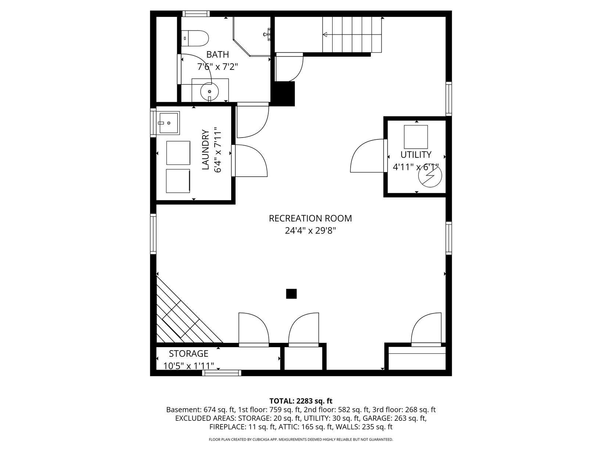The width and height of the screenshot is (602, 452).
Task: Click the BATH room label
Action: click(x=218, y=54)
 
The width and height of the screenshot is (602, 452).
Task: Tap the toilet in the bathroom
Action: click(x=195, y=38)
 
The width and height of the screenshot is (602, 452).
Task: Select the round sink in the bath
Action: click(x=209, y=92)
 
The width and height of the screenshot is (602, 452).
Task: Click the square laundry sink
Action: click(x=168, y=123)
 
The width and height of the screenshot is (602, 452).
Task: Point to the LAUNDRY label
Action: click(x=206, y=150)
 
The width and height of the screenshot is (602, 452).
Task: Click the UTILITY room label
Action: click(x=416, y=155)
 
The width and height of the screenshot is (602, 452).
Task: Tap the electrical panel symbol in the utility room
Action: click(x=430, y=176)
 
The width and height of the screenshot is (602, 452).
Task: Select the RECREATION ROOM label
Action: click(x=310, y=218)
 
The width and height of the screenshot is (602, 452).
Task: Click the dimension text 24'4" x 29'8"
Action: click(x=310, y=231)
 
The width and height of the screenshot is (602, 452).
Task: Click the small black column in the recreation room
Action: click(x=291, y=293)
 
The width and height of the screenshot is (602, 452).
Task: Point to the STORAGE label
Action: click(x=189, y=353)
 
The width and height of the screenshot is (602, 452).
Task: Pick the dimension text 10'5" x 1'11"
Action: click(x=189, y=366)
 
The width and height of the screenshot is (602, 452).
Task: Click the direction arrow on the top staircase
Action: click(x=352, y=35)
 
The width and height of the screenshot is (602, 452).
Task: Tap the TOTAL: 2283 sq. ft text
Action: click(x=301, y=401)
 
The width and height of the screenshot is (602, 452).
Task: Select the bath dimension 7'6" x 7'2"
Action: click(x=218, y=67)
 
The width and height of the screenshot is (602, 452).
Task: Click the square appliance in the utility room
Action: click(x=416, y=137)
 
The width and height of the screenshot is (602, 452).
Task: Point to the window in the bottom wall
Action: click(x=222, y=373)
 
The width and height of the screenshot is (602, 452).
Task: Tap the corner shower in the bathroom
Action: click(x=252, y=36)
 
